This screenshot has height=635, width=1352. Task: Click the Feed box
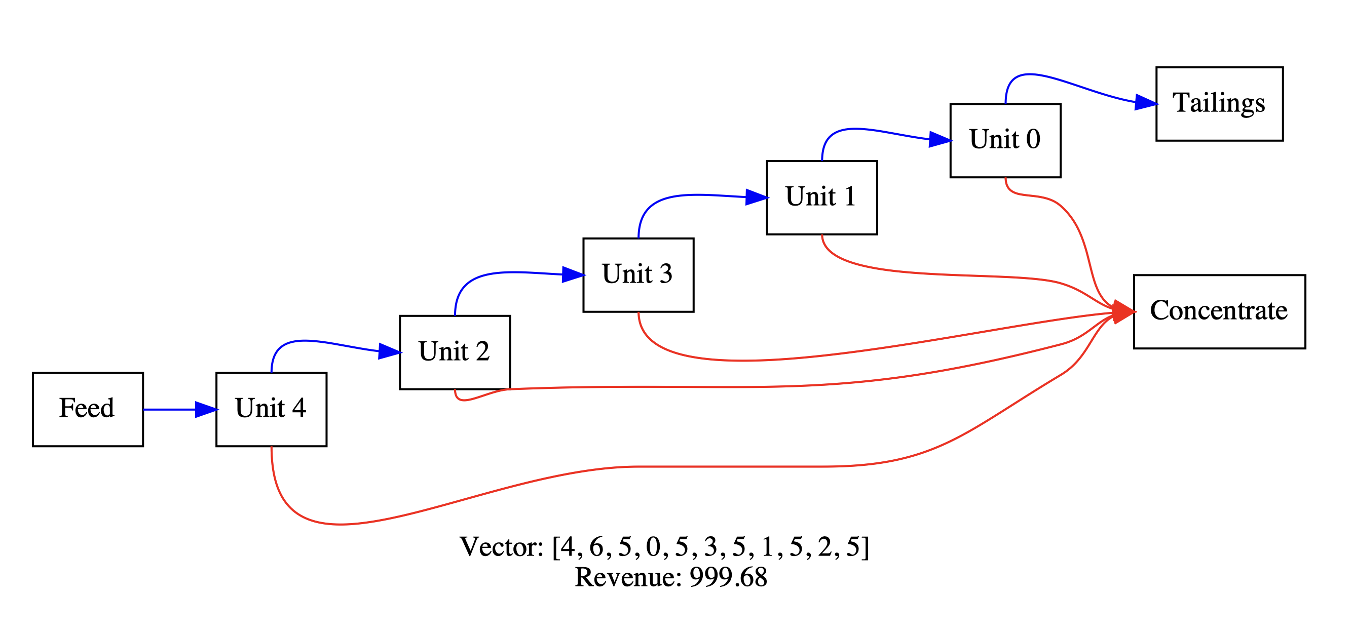88,410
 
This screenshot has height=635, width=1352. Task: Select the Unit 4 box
271,410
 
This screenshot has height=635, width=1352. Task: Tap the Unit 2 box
455,352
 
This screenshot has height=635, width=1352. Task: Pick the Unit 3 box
638,275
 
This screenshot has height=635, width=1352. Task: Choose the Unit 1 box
821,197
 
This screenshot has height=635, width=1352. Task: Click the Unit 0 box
1005,141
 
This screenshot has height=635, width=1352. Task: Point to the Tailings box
1219,104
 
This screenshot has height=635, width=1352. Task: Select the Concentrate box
1219,311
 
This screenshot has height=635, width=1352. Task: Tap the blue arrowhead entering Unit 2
389,351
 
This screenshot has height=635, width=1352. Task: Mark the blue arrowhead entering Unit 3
573,274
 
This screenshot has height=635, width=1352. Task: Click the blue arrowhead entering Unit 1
756,197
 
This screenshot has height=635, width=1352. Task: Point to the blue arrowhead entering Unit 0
940,139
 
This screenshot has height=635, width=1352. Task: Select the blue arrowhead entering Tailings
1145,102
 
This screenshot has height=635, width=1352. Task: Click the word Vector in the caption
501,547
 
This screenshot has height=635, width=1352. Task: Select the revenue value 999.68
728,577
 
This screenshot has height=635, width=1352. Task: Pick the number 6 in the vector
596,547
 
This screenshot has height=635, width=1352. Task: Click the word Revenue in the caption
628,577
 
